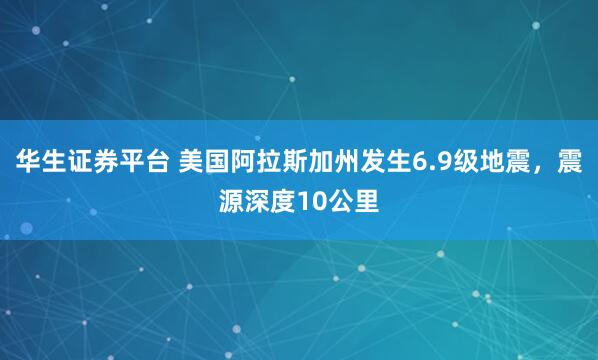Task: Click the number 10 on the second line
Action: point(313,199)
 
